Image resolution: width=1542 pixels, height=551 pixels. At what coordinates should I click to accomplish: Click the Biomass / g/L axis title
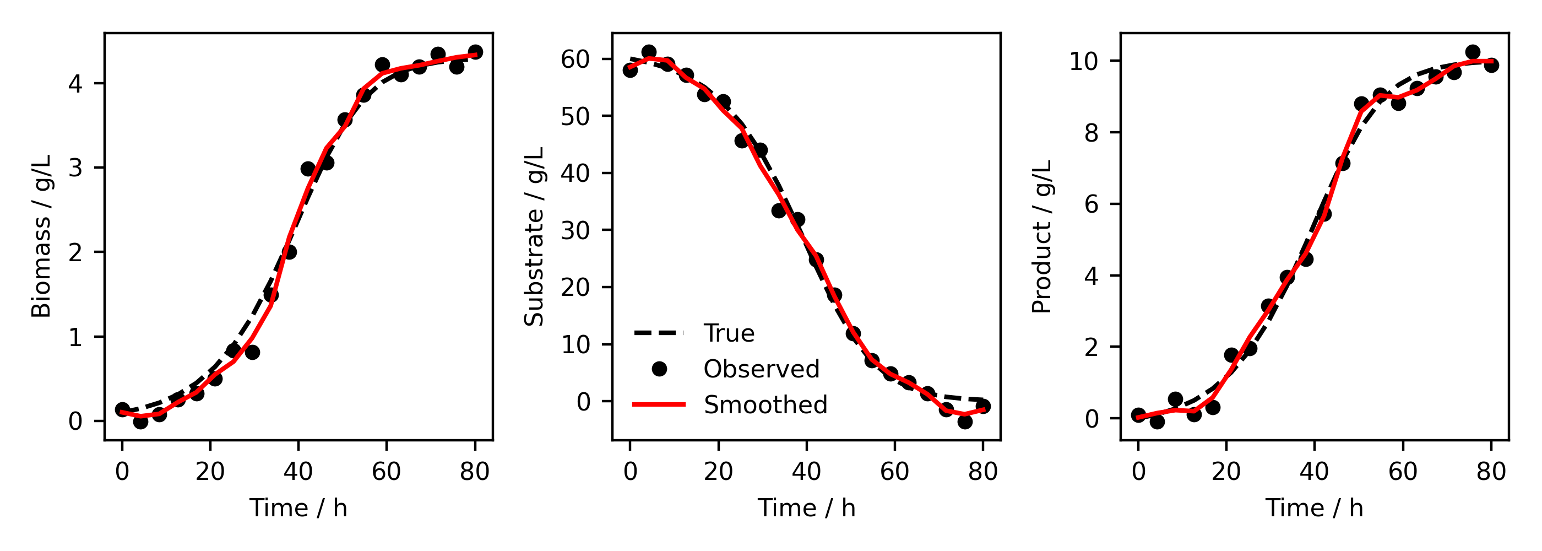[x=41, y=236]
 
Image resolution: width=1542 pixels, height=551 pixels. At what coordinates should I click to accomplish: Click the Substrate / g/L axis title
[x=534, y=236]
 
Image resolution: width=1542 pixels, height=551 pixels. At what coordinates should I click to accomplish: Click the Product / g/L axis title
[x=1042, y=236]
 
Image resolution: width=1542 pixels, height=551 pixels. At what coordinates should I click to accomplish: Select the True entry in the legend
[x=729, y=333]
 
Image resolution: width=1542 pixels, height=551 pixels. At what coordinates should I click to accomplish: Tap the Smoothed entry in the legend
[x=765, y=406]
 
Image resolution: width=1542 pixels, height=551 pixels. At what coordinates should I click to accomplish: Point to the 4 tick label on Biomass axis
[x=75, y=84]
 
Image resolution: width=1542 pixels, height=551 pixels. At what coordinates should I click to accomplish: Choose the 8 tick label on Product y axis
[x=1092, y=133]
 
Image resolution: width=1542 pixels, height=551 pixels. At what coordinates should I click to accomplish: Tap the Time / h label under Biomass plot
[x=298, y=509]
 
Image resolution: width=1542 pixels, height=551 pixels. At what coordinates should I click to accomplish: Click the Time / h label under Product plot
[x=1315, y=509]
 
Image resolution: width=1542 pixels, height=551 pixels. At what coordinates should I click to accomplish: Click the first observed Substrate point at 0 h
[x=629, y=70]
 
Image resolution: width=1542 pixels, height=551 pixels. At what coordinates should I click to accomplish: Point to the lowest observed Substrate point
[x=965, y=422]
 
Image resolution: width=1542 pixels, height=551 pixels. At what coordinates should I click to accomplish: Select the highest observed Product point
[x=1473, y=52]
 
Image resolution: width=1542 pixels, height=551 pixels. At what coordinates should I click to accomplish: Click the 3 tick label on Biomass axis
[x=75, y=168]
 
